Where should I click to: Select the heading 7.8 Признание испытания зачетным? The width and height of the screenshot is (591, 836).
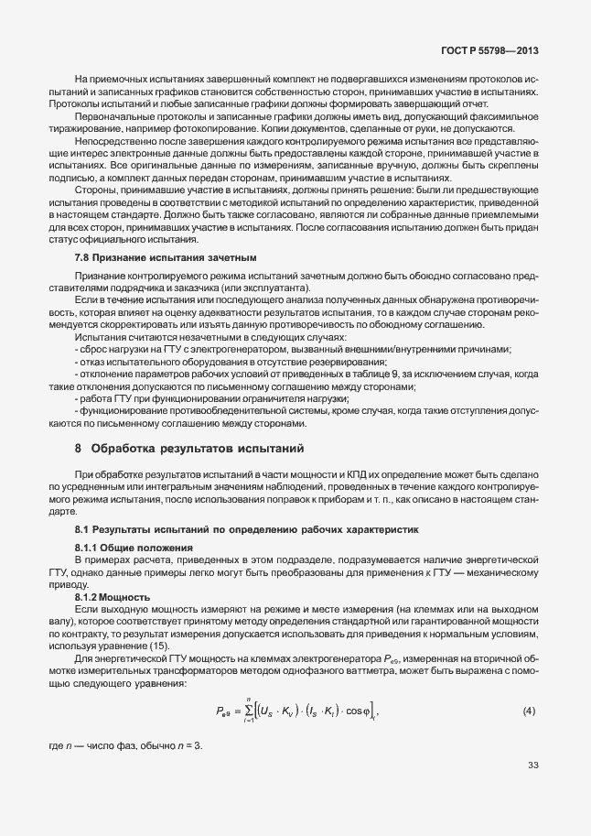165,258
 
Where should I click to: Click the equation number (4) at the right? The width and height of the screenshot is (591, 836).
529,711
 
